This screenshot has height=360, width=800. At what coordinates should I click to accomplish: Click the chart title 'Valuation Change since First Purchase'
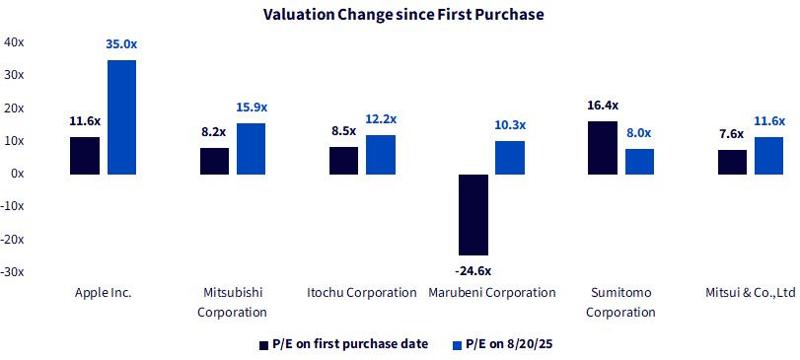click(x=403, y=15)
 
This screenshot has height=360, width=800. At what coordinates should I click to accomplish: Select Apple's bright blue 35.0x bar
click(x=122, y=117)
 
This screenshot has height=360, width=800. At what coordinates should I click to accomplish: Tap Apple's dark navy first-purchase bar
click(x=85, y=156)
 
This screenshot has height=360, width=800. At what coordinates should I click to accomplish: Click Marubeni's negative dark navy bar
click(x=473, y=215)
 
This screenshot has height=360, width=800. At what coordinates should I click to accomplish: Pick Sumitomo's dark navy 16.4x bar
click(x=603, y=148)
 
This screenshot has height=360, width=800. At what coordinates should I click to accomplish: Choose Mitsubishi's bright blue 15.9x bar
click(x=251, y=149)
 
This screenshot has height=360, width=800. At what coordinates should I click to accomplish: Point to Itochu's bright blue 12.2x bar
click(x=381, y=155)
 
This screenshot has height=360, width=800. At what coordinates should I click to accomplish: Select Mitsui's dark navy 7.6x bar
click(x=732, y=162)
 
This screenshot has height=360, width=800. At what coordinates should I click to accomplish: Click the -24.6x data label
click(x=473, y=271)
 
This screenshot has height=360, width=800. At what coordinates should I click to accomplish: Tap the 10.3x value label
click(x=510, y=125)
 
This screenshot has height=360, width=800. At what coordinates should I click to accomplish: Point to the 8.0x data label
click(x=639, y=133)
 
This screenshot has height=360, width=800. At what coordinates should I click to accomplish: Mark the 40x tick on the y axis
click(x=13, y=41)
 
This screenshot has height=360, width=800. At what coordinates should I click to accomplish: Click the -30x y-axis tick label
click(x=12, y=272)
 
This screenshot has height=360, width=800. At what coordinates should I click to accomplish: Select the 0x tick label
click(x=17, y=174)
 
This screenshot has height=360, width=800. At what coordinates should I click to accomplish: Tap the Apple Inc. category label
click(x=103, y=293)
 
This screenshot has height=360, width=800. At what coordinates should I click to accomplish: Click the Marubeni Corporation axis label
click(x=492, y=293)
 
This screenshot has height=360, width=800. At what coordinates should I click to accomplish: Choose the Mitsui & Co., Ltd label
click(x=751, y=293)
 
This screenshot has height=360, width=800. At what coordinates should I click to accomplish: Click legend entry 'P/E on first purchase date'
click(x=344, y=344)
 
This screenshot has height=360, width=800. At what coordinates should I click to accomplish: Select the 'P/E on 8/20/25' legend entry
click(x=502, y=344)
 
